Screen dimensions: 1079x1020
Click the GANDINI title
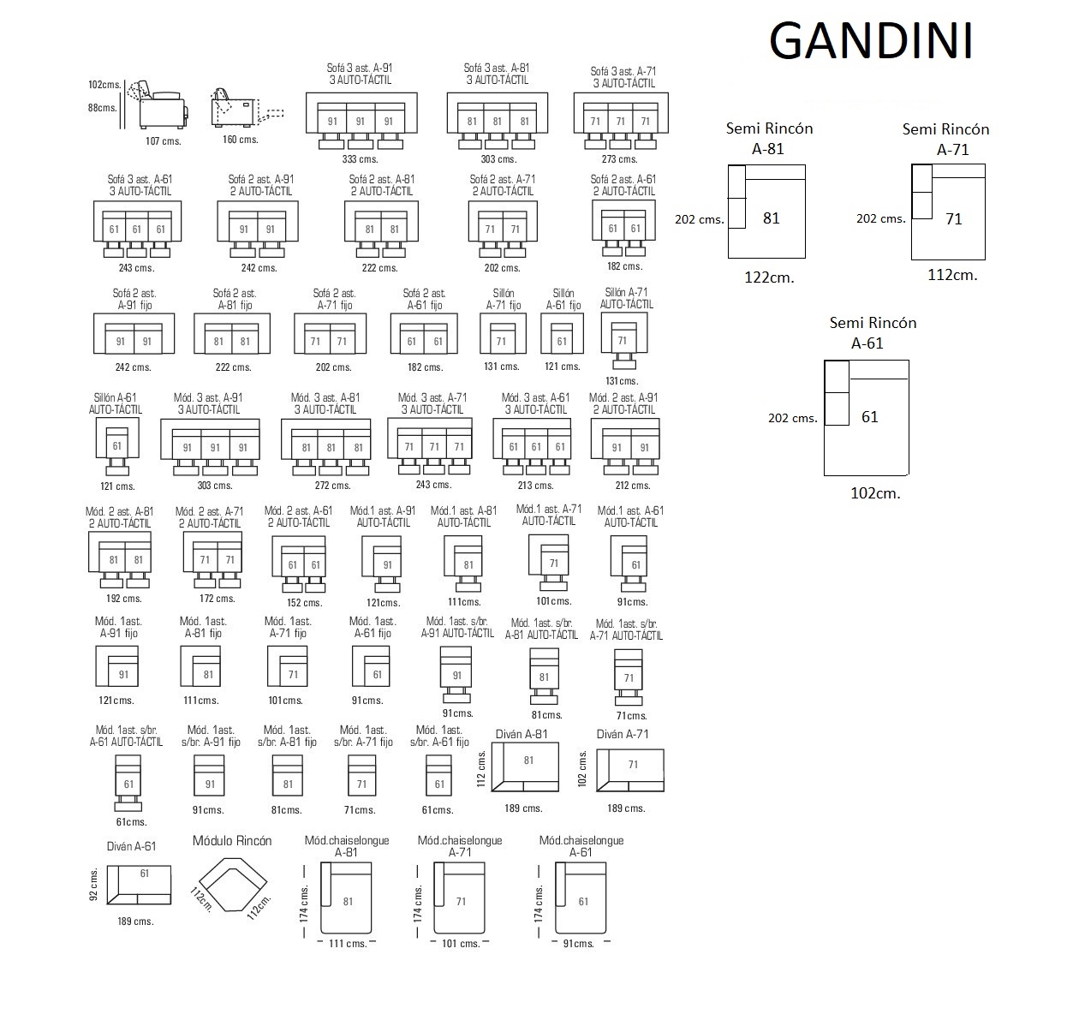tap(871, 40)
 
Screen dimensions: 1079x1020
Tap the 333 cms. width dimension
tap(360, 159)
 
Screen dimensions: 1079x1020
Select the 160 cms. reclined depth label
tap(241, 140)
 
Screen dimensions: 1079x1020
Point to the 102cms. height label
tap(104, 85)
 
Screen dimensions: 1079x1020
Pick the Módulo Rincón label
tap(232, 841)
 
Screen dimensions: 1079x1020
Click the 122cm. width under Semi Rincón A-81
tap(770, 277)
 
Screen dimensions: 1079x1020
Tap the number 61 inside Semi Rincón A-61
tap(870, 417)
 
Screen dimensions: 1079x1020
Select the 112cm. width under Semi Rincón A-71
tap(953, 275)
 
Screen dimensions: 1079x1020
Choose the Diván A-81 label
tap(522, 734)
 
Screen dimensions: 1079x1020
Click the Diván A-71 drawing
tap(630, 770)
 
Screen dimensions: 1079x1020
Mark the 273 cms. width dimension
tap(620, 159)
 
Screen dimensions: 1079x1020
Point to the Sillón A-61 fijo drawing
tap(562, 334)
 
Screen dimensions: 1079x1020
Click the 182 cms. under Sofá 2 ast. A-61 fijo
tap(426, 367)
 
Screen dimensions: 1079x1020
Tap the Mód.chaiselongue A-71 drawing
tap(459, 898)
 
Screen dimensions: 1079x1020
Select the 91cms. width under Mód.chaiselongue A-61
tap(579, 944)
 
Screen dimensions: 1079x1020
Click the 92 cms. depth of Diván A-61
tap(93, 884)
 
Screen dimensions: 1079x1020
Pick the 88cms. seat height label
tap(103, 108)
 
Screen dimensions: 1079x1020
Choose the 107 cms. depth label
tap(163, 141)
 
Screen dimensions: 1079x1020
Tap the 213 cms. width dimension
tap(536, 486)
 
